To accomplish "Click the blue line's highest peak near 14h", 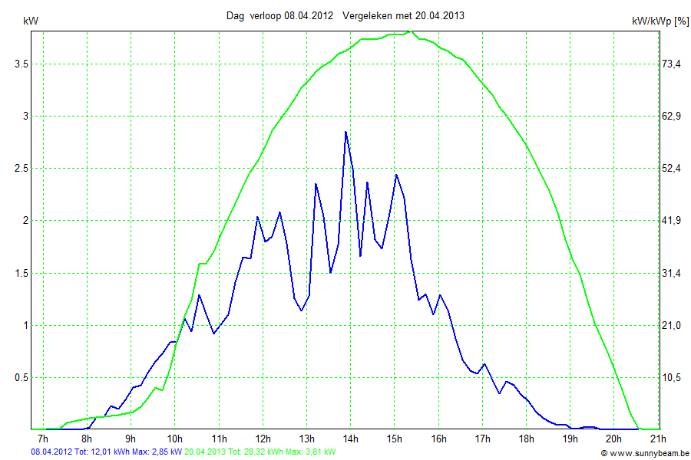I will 345,132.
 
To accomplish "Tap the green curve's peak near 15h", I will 412,31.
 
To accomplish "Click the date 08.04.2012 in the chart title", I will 308,15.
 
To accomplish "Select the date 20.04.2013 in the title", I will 440,15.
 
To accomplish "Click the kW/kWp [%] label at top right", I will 660,21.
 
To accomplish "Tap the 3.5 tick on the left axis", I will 21,64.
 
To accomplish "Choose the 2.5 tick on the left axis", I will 21,168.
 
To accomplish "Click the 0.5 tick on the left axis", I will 21,377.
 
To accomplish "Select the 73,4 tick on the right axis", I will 672,64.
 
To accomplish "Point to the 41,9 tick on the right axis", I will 672,221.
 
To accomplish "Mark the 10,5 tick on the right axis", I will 672,377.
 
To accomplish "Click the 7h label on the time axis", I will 43,439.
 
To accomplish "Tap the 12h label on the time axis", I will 263,439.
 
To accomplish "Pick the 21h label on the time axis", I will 657,439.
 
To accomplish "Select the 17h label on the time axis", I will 482,439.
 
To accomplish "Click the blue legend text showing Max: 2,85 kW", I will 157,452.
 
